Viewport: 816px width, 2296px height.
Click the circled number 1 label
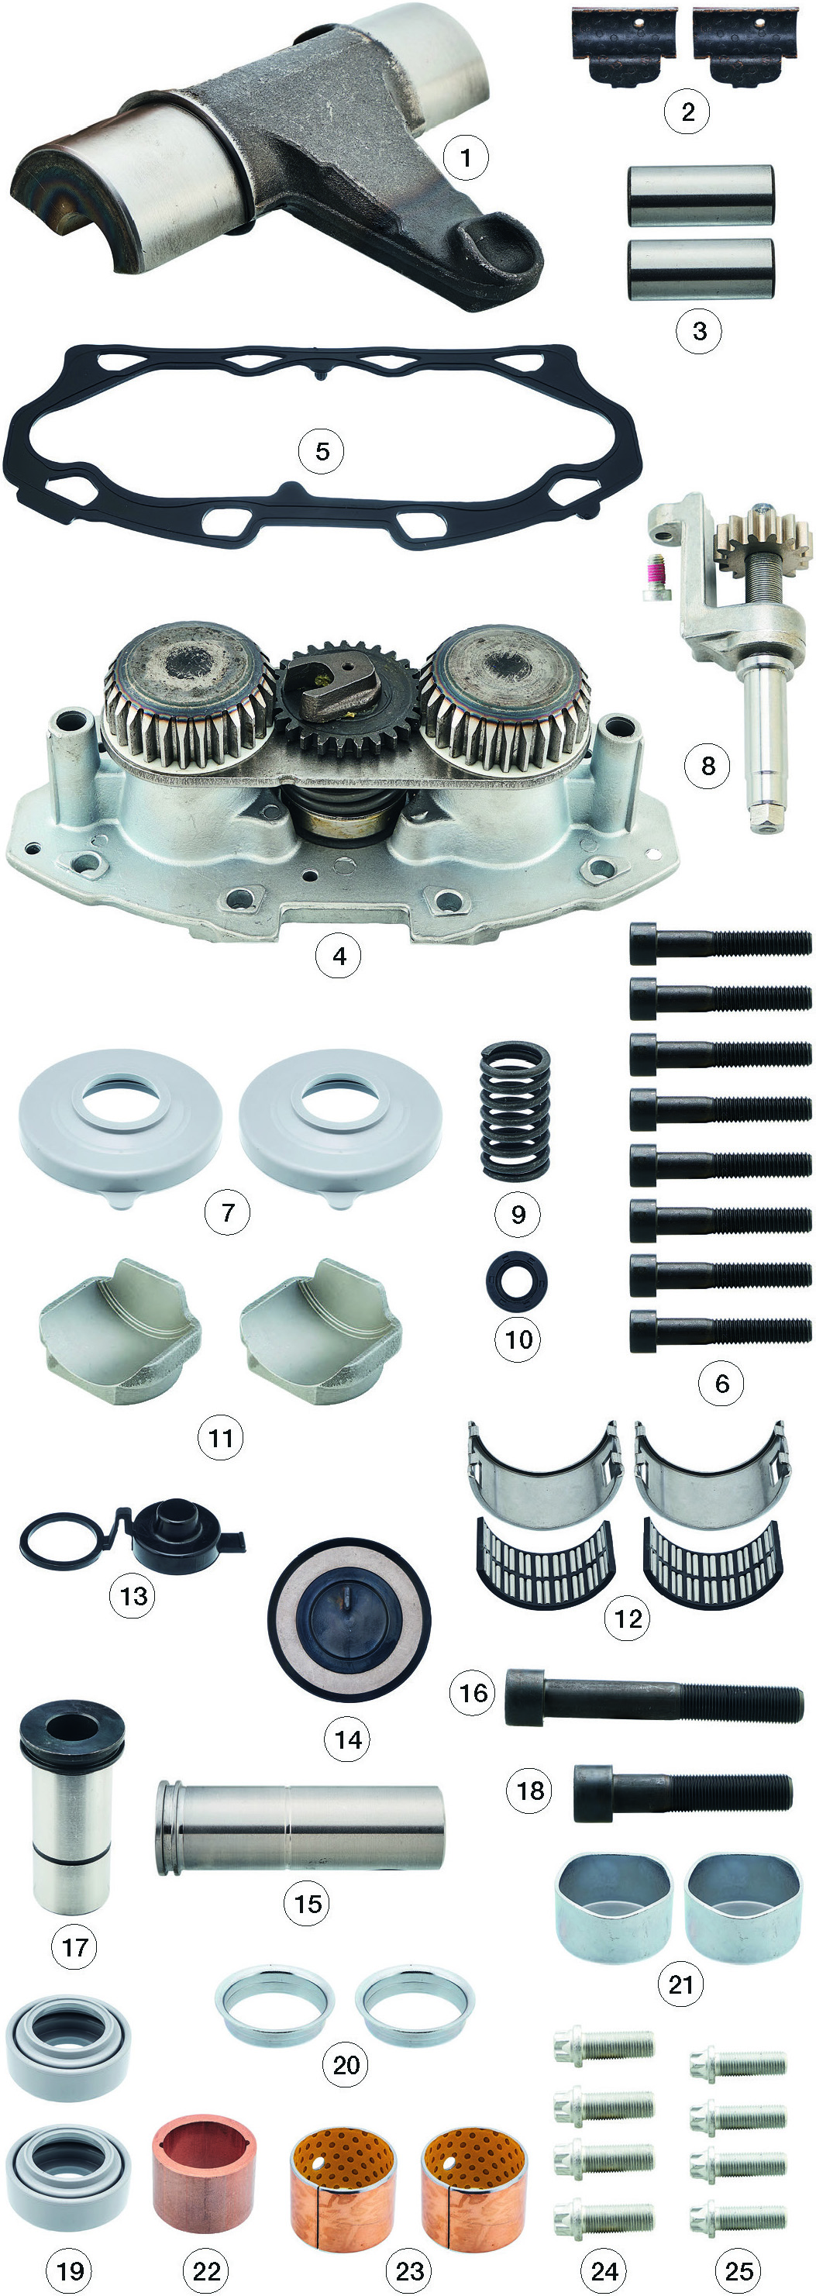pos(466,158)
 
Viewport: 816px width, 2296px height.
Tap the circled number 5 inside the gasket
pos(322,451)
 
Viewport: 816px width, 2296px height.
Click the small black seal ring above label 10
pos(517,1281)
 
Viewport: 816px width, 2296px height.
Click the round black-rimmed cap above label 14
pos(348,1619)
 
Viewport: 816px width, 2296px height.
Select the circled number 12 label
pos(628,1618)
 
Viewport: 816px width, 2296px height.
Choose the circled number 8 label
pos(708,766)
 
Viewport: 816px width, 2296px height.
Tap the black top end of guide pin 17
pos(71,1730)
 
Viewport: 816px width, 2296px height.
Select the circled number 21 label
pos(680,1984)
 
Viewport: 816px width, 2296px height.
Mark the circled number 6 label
pos(721,1384)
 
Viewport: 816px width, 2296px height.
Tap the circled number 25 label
pos(739,2270)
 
